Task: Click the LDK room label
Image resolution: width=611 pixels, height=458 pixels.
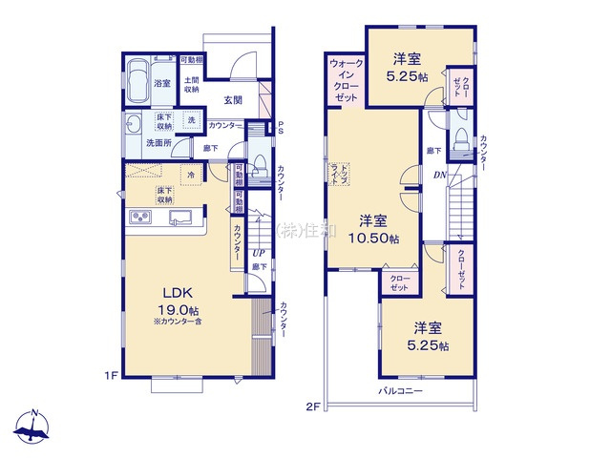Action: click(177, 294)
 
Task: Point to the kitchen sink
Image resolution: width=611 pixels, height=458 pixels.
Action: click(180, 218)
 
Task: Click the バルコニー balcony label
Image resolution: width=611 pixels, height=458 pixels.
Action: click(400, 391)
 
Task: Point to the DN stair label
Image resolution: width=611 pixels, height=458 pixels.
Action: click(440, 175)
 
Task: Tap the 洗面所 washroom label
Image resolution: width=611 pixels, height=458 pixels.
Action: click(158, 143)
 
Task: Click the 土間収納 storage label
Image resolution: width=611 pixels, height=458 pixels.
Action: click(191, 84)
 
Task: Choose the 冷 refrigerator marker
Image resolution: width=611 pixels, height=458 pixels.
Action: click(191, 175)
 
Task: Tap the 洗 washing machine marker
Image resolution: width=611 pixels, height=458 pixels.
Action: click(191, 120)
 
